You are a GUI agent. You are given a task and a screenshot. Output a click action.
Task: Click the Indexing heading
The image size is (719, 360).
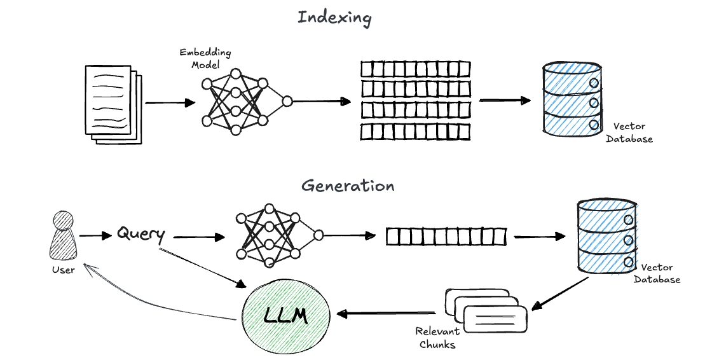[x=334, y=18]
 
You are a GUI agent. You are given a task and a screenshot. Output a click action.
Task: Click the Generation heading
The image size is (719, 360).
[x=348, y=186]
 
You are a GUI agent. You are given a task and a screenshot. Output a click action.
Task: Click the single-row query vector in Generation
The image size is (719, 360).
[x=446, y=237]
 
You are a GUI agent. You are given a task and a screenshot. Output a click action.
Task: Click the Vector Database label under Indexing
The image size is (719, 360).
[x=628, y=132]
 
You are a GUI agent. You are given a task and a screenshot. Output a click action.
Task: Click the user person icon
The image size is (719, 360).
[x=62, y=235]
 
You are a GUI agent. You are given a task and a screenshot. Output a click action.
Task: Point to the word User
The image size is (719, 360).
[x=63, y=270]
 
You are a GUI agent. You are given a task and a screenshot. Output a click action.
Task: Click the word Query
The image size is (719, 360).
[x=141, y=234]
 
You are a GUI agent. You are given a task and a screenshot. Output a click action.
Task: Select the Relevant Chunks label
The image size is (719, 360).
[x=436, y=338]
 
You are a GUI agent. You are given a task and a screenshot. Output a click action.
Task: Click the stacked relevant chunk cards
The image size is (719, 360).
[x=487, y=310]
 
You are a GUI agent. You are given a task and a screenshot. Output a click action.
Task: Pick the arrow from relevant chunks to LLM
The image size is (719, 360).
[x=386, y=313]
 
